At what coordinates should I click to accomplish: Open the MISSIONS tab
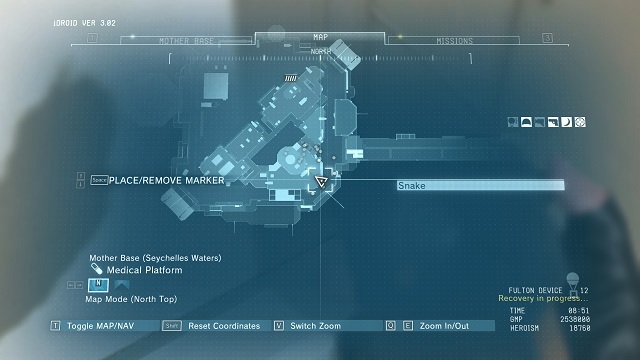(454, 42)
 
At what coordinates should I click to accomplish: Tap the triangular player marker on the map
(322, 183)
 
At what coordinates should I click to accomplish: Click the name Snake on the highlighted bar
(411, 186)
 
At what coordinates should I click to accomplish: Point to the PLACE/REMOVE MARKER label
(166, 180)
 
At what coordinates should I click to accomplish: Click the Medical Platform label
(145, 270)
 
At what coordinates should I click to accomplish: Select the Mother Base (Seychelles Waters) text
(155, 258)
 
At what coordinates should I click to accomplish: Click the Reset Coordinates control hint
(223, 326)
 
